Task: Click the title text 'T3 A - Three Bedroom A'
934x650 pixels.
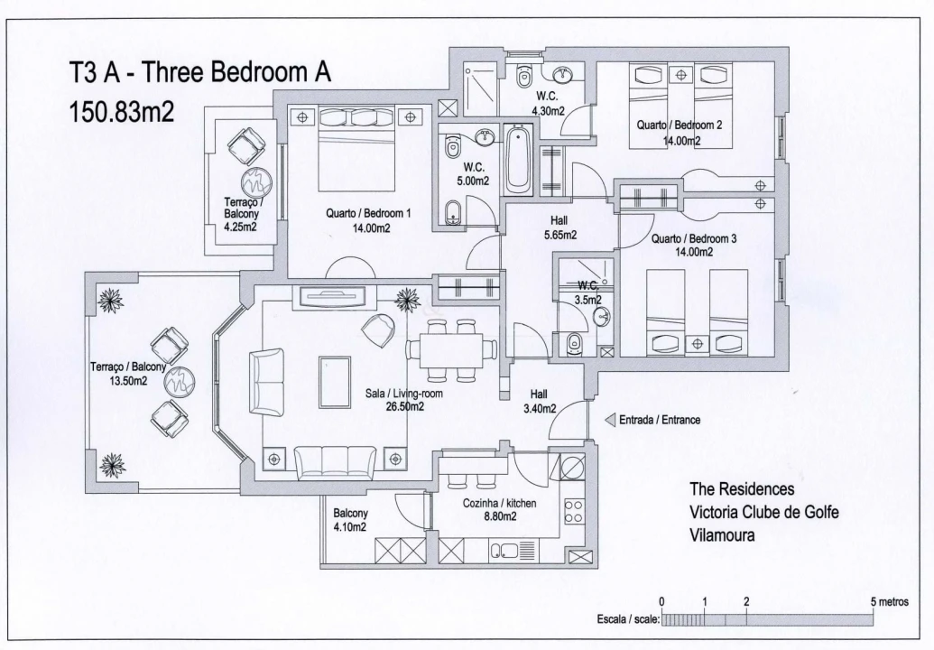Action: click(x=200, y=74)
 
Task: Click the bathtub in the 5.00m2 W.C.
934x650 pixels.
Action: click(x=518, y=161)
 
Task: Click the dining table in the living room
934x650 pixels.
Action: click(x=451, y=348)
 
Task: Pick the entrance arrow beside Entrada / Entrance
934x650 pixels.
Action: click(x=610, y=420)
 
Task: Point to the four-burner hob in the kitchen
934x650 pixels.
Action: click(x=572, y=511)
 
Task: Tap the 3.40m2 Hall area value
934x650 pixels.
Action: click(x=538, y=409)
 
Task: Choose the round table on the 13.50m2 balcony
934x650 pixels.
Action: click(x=178, y=380)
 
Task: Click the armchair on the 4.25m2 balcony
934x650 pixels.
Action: click(x=245, y=143)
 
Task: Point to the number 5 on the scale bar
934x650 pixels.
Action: click(x=873, y=601)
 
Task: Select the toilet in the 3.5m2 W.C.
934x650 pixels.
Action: click(x=574, y=343)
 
